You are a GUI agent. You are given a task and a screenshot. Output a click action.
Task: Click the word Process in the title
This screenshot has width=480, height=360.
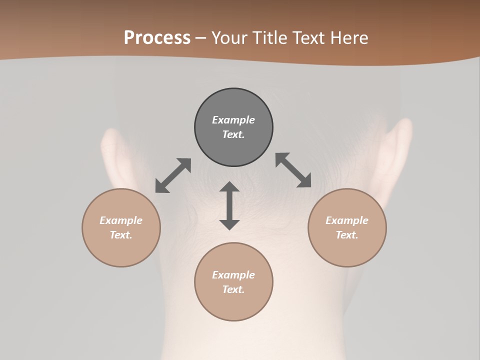click(x=157, y=38)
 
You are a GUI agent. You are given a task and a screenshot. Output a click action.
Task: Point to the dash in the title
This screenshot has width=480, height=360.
click(x=201, y=38)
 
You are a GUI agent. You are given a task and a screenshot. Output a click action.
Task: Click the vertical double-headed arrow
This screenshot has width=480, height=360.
click(x=229, y=205)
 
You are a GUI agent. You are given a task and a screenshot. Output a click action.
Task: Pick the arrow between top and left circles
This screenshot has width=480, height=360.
click(x=173, y=175)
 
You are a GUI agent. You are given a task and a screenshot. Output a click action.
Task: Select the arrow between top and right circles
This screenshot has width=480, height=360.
click(x=293, y=170)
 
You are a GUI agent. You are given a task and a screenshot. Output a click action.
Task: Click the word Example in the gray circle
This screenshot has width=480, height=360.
click(x=233, y=120)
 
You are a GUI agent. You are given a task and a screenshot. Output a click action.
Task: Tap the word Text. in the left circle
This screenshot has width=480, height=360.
click(x=121, y=235)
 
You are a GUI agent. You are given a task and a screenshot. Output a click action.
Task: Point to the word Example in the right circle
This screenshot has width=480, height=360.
click(x=347, y=220)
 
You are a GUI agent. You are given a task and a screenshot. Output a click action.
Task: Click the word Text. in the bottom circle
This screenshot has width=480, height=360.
click(x=233, y=289)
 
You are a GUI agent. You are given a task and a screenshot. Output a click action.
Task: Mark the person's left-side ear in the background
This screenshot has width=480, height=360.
click(x=112, y=155)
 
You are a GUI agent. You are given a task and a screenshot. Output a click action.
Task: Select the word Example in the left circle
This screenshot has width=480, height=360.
click(x=121, y=220)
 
